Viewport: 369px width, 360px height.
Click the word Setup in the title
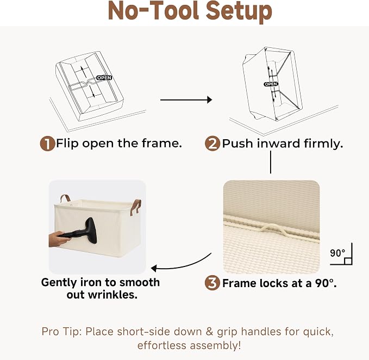[x=239, y=11]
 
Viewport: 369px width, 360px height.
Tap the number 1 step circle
[x=47, y=144]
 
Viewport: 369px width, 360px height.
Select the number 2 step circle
[x=212, y=144]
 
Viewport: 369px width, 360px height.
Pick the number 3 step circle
[x=212, y=283]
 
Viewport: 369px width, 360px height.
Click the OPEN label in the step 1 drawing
[x=104, y=78]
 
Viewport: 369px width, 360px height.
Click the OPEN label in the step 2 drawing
[x=271, y=84]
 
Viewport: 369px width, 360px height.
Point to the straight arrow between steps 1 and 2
[x=186, y=100]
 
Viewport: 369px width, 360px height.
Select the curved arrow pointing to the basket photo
[x=181, y=264]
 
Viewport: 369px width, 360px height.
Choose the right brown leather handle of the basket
[x=136, y=207]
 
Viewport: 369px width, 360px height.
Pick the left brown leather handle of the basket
[x=65, y=198]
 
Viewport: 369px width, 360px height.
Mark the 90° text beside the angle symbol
[x=337, y=253]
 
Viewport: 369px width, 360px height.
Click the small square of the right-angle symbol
[x=348, y=261]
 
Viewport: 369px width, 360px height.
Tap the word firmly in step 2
[x=323, y=144]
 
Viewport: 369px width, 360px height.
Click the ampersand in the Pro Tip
[x=209, y=332]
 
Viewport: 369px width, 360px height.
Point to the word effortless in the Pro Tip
[x=162, y=346]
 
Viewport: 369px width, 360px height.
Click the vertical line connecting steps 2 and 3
[x=271, y=162]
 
